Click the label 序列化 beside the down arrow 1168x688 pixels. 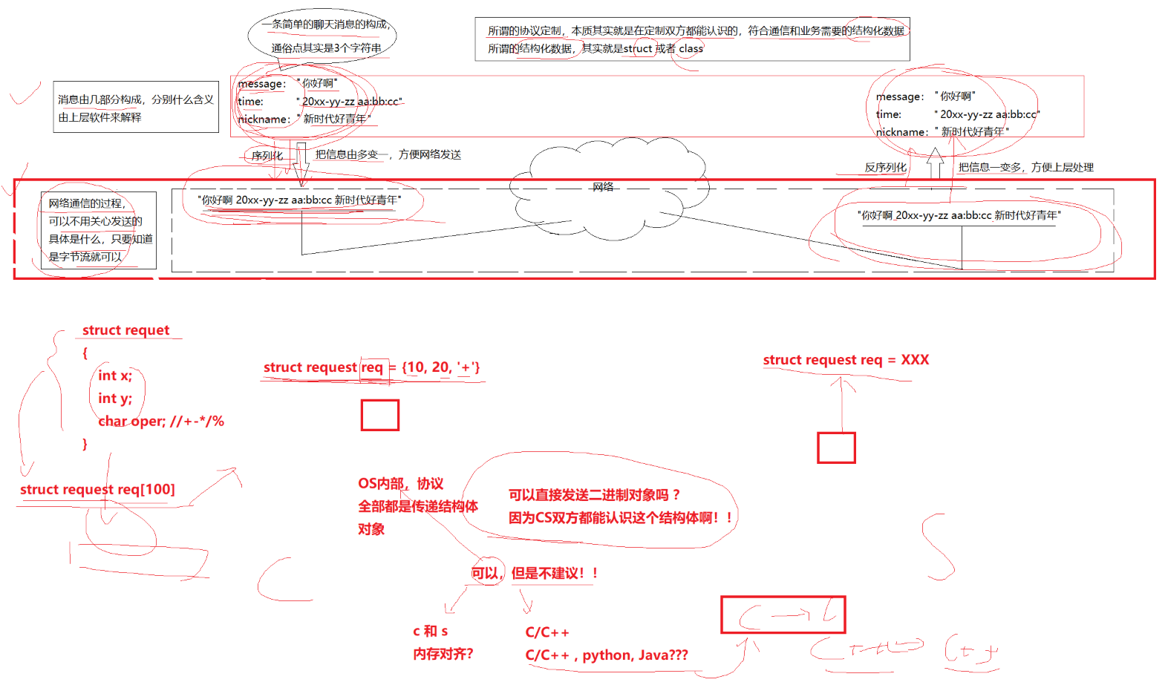pyautogui.click(x=267, y=156)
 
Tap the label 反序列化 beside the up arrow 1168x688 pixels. pyautogui.click(x=885, y=168)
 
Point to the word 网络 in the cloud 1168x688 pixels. pyautogui.click(x=603, y=187)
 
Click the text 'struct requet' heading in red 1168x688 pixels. pyautogui.click(x=125, y=330)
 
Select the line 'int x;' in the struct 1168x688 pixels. pyautogui.click(x=115, y=376)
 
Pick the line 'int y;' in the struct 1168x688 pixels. pyautogui.click(x=115, y=399)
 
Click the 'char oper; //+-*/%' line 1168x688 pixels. pyautogui.click(x=161, y=422)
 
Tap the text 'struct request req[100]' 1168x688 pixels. pyautogui.click(x=97, y=490)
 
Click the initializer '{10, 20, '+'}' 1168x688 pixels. pyautogui.click(x=441, y=367)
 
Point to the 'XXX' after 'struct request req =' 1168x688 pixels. pyautogui.click(x=915, y=360)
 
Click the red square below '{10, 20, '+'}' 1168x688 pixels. pyautogui.click(x=380, y=415)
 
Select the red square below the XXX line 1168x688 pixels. pyautogui.click(x=836, y=448)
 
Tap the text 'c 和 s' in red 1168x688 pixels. pyautogui.click(x=431, y=632)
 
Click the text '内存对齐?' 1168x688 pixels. pyautogui.click(x=443, y=654)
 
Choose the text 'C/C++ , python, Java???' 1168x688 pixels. pyautogui.click(x=607, y=655)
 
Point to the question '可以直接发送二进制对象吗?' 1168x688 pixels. pyautogui.click(x=594, y=495)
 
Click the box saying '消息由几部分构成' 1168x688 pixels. pyautogui.click(x=136, y=108)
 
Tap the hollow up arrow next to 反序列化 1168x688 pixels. pyautogui.click(x=935, y=163)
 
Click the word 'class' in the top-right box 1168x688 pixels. pyautogui.click(x=691, y=49)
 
